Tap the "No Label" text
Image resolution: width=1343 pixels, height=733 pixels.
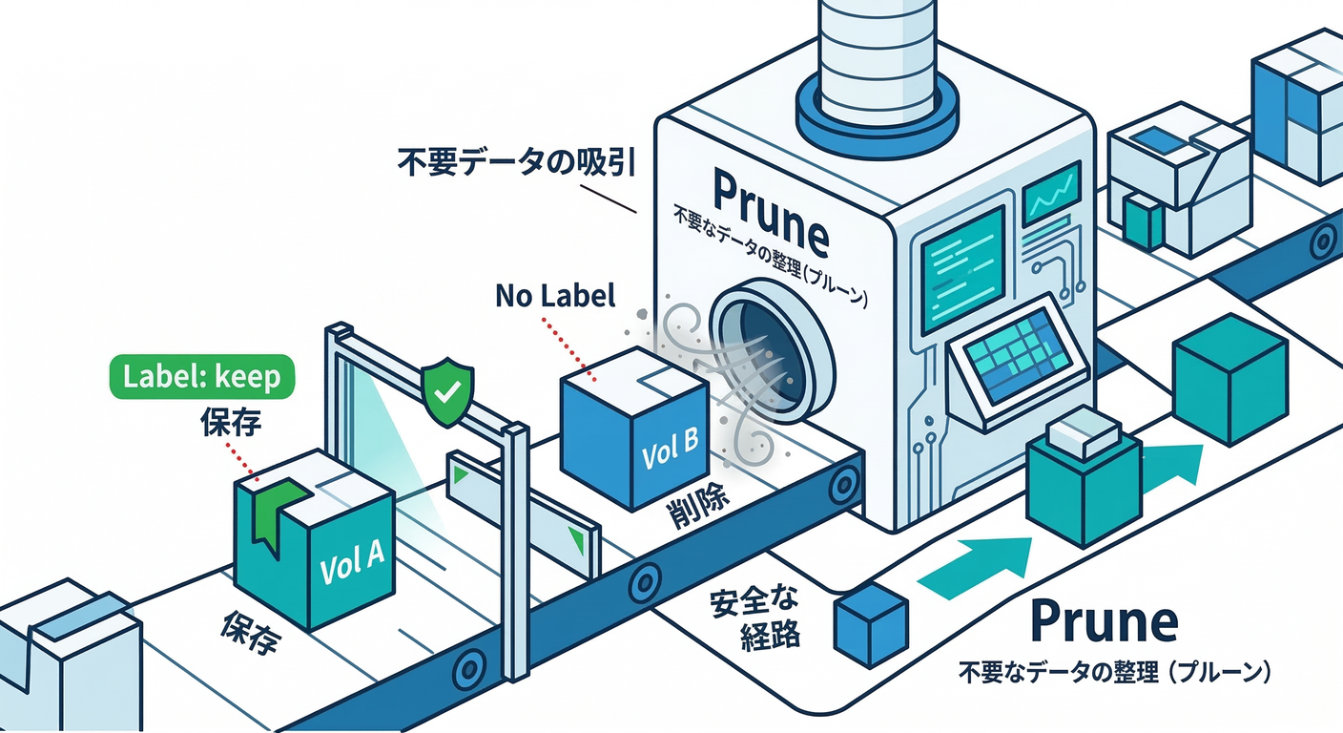(555, 297)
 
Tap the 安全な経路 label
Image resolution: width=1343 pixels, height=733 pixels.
(754, 620)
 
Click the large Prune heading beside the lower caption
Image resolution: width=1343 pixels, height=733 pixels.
(1105, 622)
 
